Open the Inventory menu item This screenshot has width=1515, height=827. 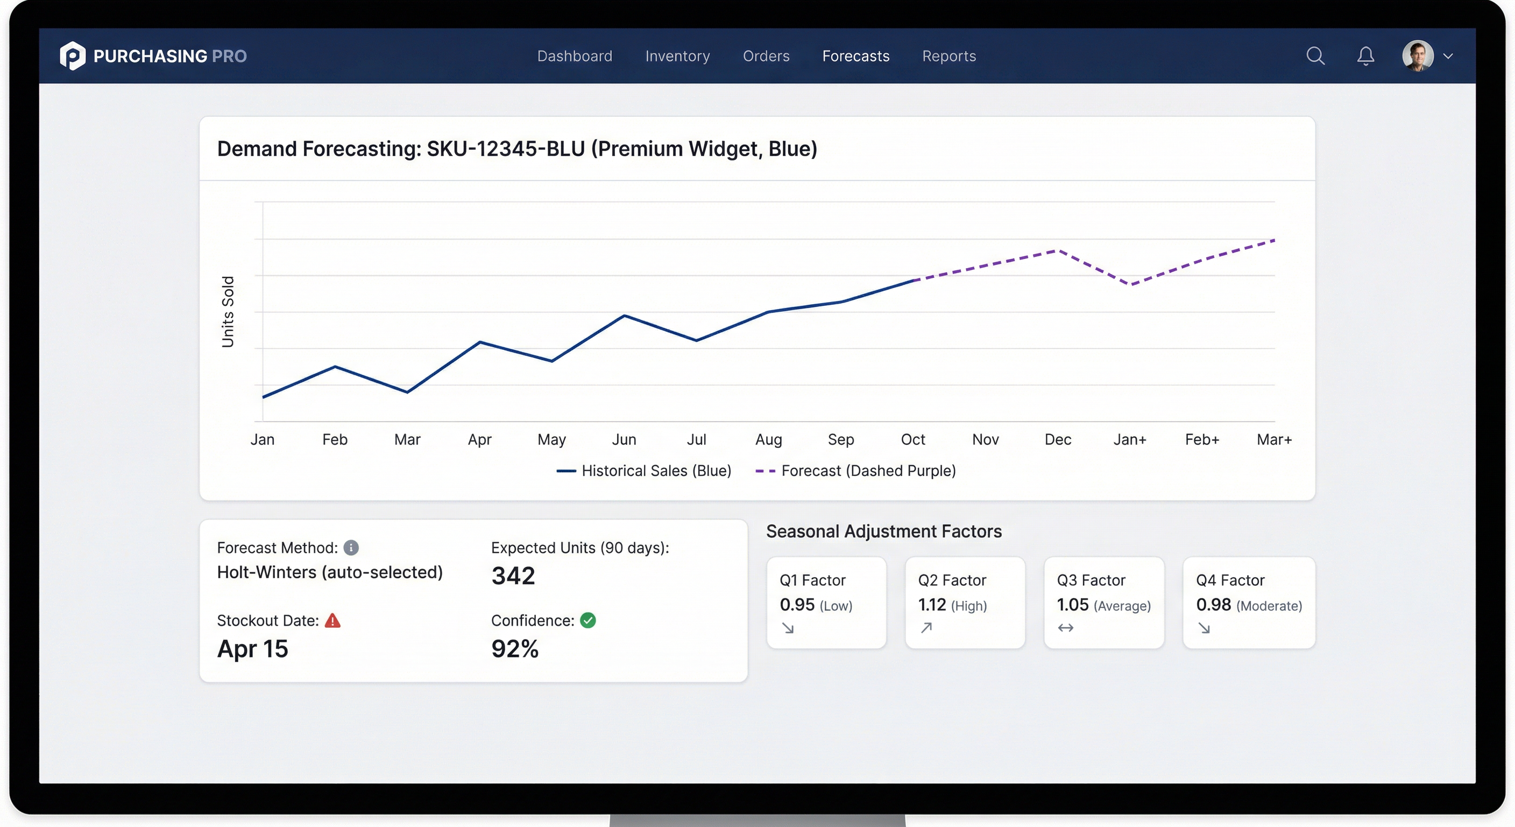point(677,56)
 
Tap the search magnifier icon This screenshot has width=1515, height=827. point(1315,56)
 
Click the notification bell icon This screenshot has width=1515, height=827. point(1365,56)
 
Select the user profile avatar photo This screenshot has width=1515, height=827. point(1418,56)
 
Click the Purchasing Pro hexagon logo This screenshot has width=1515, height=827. point(72,56)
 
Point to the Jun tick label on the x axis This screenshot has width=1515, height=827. point(624,439)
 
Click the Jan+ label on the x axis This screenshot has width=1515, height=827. point(1129,439)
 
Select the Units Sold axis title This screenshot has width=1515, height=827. point(228,311)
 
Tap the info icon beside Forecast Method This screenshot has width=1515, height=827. point(351,548)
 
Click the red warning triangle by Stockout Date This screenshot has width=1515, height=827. point(332,620)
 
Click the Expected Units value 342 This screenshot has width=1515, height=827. point(513,576)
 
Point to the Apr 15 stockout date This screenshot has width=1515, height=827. point(252,649)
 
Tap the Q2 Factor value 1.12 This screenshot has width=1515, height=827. point(932,605)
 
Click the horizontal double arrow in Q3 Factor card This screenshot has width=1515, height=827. point(1065,628)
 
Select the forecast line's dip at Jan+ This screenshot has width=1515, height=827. point(1130,284)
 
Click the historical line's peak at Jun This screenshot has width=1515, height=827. point(624,316)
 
